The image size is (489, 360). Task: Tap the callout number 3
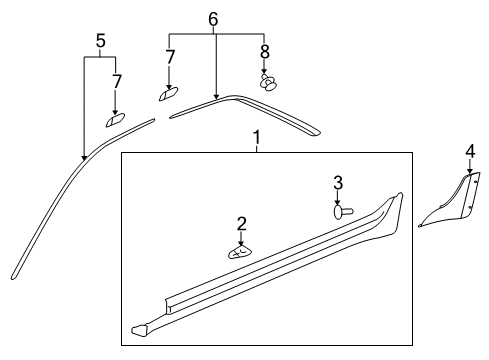coord(338,183)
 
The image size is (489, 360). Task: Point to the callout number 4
coord(469,151)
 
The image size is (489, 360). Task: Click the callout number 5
coord(100,41)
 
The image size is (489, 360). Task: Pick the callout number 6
coord(212,19)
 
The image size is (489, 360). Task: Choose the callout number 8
coord(265,49)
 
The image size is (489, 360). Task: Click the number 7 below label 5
coord(117,79)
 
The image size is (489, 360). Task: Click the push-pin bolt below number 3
coord(342,211)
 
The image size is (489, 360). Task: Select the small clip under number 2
coord(241,252)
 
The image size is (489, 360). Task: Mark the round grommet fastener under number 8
coord(267,82)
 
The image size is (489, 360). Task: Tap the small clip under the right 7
coord(167,93)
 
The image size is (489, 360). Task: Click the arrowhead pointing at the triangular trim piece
coord(469,172)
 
